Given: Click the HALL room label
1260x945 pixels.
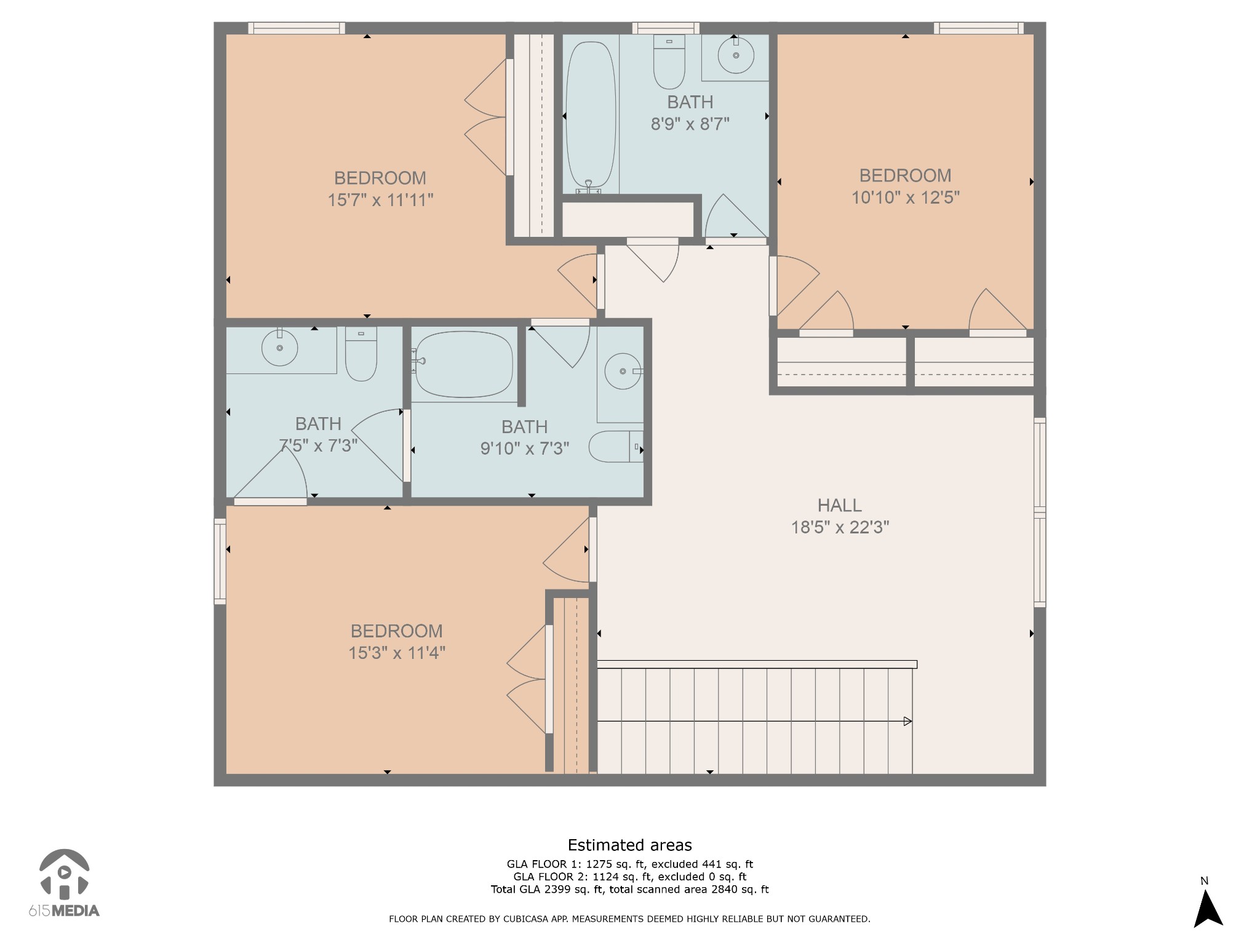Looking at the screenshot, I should (x=839, y=505).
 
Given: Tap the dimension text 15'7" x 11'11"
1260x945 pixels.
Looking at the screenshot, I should (x=380, y=200).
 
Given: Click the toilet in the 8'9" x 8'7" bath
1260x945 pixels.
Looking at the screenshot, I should (x=669, y=62).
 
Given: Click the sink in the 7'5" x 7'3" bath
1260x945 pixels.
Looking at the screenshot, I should (x=280, y=348).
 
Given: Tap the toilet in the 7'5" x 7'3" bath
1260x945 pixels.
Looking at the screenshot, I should (x=361, y=355).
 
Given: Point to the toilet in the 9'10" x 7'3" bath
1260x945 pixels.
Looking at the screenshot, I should (x=615, y=447).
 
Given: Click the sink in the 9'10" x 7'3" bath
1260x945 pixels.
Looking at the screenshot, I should (x=623, y=371).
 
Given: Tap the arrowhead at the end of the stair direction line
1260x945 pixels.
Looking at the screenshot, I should (x=907, y=721).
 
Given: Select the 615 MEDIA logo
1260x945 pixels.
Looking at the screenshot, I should (x=64, y=883).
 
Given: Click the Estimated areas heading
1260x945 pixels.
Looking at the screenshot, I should (x=629, y=845).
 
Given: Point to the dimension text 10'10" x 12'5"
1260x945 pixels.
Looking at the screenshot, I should (x=905, y=197).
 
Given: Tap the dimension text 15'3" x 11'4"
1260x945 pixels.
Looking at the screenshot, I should (x=397, y=653).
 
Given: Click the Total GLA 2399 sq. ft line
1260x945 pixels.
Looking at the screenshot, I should (x=629, y=889).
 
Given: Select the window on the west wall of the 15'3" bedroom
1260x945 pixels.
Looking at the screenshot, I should (x=220, y=561).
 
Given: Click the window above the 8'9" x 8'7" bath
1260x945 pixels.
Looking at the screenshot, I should (x=666, y=28).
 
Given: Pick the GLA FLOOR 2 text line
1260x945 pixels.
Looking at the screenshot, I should (x=629, y=877).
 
